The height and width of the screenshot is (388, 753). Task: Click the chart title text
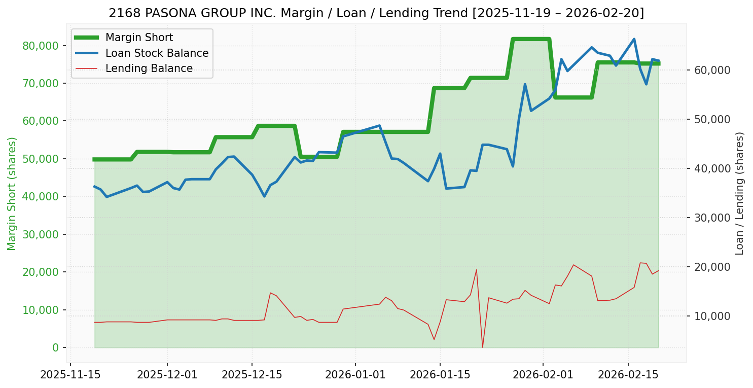(x=376, y=13)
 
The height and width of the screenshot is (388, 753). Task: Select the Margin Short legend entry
(x=139, y=38)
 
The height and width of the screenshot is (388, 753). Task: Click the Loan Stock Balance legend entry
(x=157, y=53)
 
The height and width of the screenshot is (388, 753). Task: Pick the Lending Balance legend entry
(x=149, y=68)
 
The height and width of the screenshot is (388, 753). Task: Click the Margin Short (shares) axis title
(x=12, y=194)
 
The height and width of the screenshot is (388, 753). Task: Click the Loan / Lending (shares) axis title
(x=739, y=194)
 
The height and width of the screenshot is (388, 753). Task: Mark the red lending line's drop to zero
(x=482, y=347)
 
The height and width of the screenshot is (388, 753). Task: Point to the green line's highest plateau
(x=531, y=39)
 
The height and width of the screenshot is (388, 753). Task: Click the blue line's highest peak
(x=634, y=39)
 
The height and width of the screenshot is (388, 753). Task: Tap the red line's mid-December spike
(x=270, y=293)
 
